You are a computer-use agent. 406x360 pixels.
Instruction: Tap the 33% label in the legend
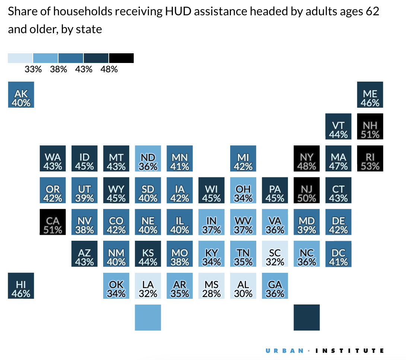pos(33,69)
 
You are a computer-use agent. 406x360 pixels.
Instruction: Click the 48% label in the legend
pos(109,69)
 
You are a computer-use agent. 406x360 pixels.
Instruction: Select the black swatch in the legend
pos(121,58)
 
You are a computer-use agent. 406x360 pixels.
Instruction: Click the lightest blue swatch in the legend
pos(20,58)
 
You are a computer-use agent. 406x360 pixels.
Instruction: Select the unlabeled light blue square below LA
pos(148,318)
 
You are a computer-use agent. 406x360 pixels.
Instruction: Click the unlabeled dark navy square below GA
pos(307,318)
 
